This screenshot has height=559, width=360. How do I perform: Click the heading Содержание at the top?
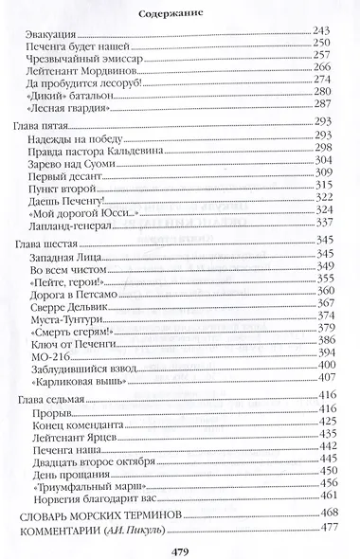[179, 14]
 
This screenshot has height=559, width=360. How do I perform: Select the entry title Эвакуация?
[55, 33]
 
